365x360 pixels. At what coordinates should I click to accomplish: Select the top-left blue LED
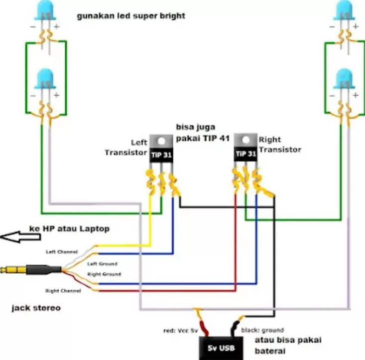(46, 10)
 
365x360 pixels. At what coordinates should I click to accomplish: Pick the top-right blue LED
(344, 10)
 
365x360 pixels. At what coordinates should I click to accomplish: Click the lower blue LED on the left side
(46, 80)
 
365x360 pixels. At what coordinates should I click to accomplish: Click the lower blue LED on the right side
(344, 80)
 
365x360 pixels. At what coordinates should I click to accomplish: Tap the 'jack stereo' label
(36, 308)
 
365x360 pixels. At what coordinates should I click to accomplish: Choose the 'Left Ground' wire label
(104, 264)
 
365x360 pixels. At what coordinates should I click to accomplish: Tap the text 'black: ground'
(262, 330)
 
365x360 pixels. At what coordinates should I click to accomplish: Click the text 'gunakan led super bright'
(131, 16)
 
